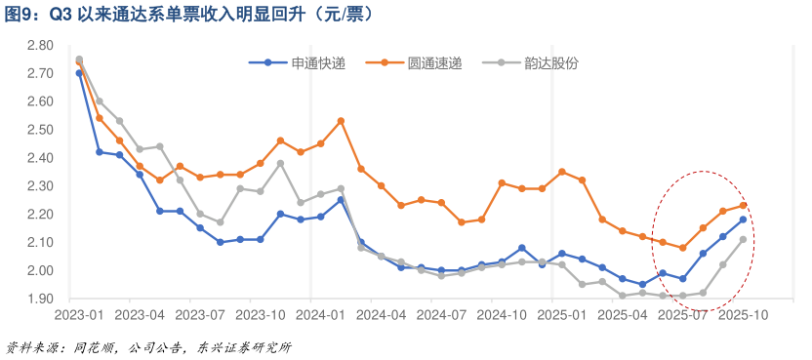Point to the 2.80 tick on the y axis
pos(39,45)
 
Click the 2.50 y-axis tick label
pos(39,130)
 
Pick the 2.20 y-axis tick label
pos(39,214)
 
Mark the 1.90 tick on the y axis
pos(39,299)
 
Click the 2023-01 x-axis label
pos(79,316)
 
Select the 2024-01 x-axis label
pos(321,316)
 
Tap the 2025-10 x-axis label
pos(744,316)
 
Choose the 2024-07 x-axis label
pos(442,316)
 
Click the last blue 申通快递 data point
pos(743,220)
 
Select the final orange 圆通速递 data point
pos(743,205)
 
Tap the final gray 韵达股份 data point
pos(743,239)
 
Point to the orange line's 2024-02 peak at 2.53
pos(341,121)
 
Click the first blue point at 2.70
pos(79,73)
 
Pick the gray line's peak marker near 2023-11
pos(280,163)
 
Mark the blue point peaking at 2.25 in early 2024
pos(341,200)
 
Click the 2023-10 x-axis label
pos(261,316)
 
